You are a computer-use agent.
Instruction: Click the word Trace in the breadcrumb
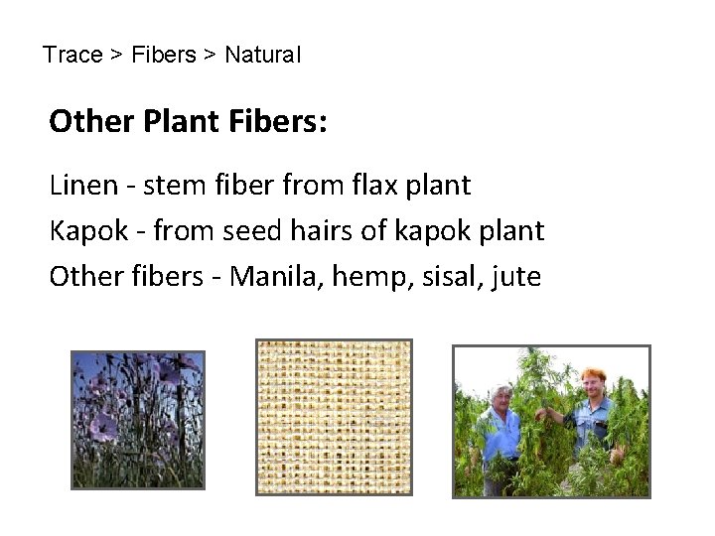coord(72,55)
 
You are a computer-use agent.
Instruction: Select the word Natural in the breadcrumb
coord(263,55)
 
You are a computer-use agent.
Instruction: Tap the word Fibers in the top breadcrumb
coord(163,55)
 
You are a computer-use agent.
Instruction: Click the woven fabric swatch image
coord(334,417)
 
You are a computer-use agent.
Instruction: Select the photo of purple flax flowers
coord(138,420)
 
